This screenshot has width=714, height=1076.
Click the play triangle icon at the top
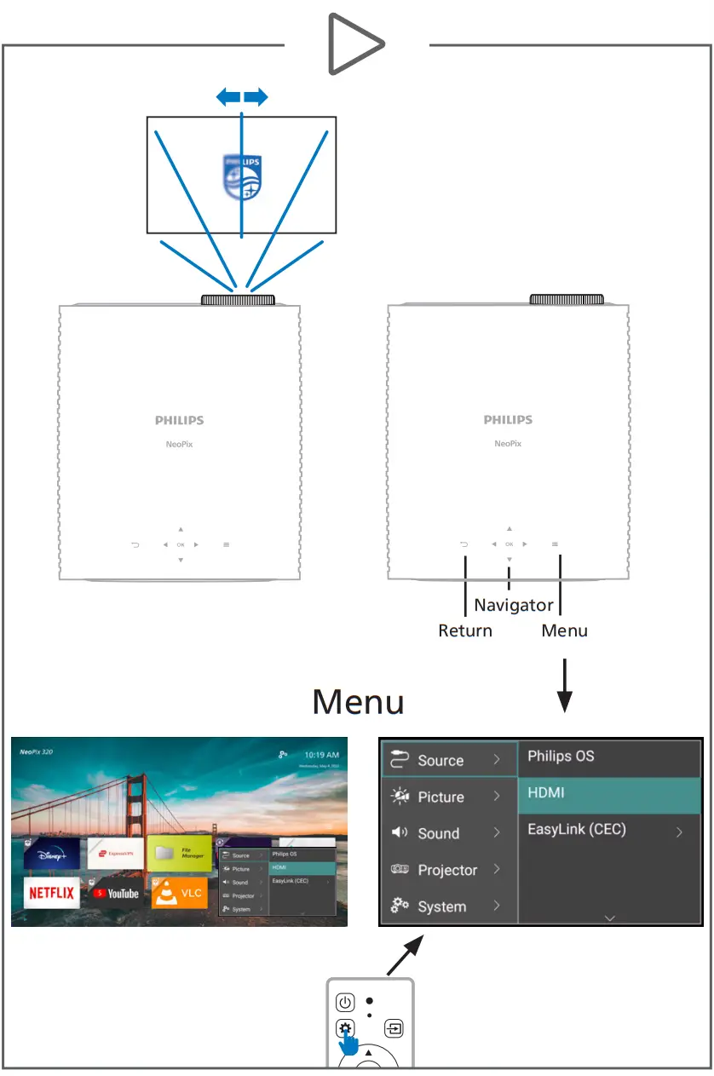(356, 43)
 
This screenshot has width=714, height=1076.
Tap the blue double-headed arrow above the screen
(242, 98)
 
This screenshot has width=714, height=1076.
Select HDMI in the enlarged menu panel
(609, 793)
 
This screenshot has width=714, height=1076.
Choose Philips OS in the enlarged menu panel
(609, 756)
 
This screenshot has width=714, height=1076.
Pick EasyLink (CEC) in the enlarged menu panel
(609, 829)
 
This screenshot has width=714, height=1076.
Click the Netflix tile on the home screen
(51, 893)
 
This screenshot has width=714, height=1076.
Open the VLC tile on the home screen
(179, 892)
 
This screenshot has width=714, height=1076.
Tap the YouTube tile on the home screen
(116, 893)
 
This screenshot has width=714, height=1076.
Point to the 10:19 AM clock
(321, 755)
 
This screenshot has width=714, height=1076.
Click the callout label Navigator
(514, 606)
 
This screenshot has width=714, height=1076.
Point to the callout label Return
(465, 631)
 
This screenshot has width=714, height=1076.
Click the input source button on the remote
(394, 1028)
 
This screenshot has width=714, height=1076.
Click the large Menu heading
(358, 702)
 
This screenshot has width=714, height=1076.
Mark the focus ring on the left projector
(238, 299)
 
